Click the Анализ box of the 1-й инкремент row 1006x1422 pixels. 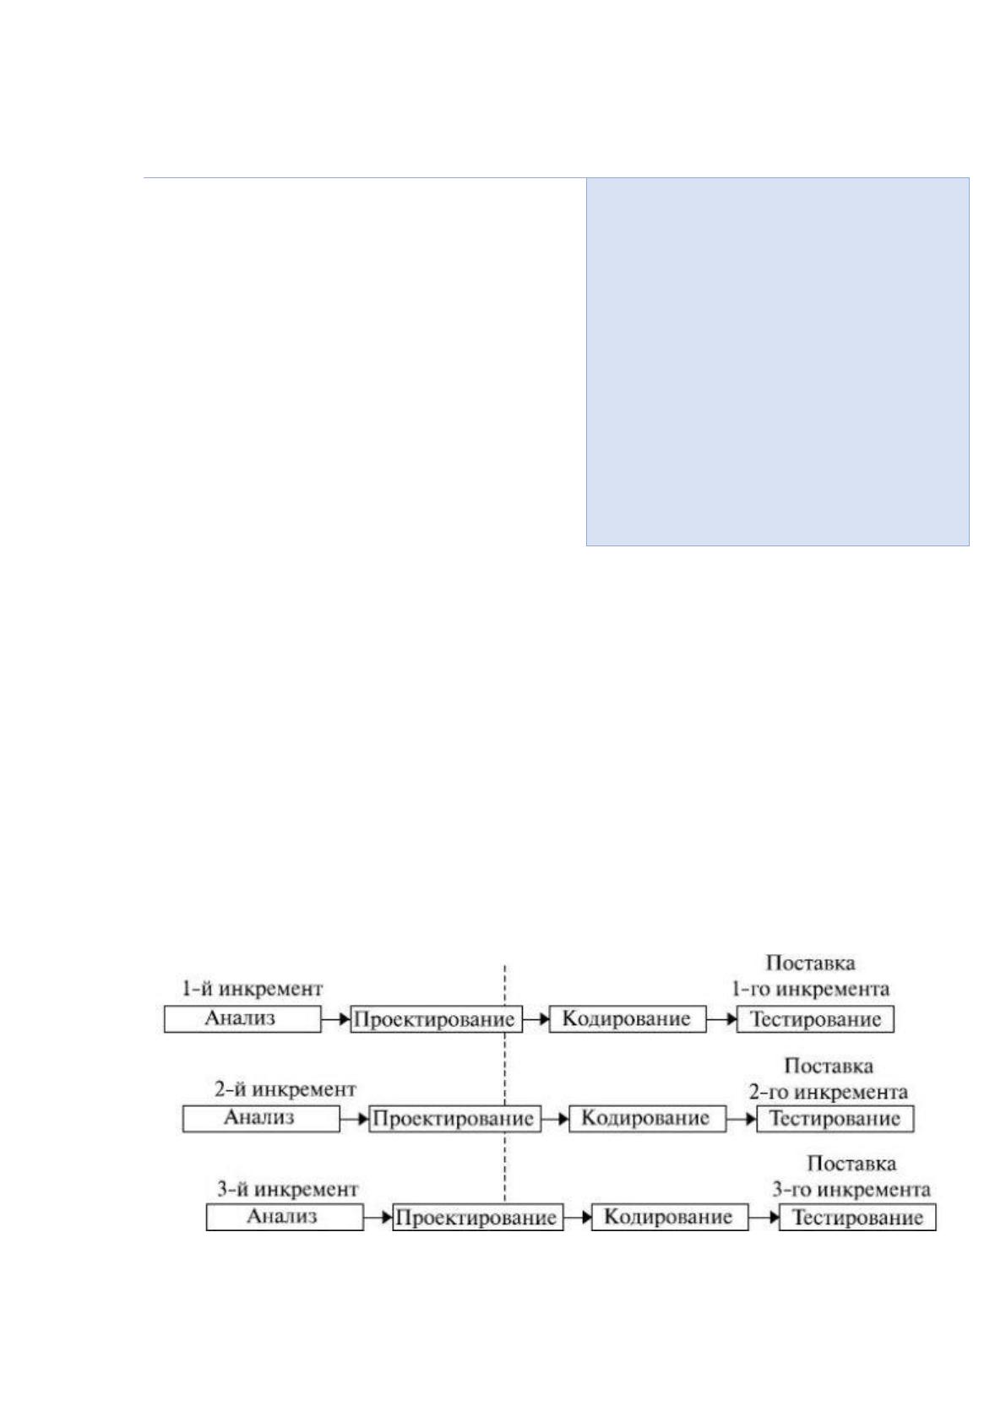pos(242,1019)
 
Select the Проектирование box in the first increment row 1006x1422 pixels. pos(437,1019)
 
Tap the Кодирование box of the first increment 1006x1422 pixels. pos(628,1019)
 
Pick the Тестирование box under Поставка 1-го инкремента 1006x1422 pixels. pos(815,1019)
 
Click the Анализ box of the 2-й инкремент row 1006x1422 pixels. pos(261,1118)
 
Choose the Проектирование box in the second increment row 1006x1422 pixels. pos(455,1118)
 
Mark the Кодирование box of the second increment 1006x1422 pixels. pos(647,1118)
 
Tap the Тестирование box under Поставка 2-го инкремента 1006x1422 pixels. pos(835,1118)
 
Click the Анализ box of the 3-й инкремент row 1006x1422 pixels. pos(285,1217)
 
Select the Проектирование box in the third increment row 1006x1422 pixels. pos(478,1217)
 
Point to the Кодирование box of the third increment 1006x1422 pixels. pos(670,1217)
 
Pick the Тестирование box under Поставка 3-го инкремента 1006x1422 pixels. pos(858,1217)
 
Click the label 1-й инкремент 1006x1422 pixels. pos(253,989)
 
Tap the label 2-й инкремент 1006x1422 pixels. pos(285,1089)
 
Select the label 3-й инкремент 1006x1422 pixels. pos(288,1188)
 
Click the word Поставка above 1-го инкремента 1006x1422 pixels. pos(810,963)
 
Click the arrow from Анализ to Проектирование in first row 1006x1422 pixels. pos(336,1019)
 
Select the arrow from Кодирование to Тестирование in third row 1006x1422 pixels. pos(764,1217)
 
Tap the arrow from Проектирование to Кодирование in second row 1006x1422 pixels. pos(555,1119)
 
